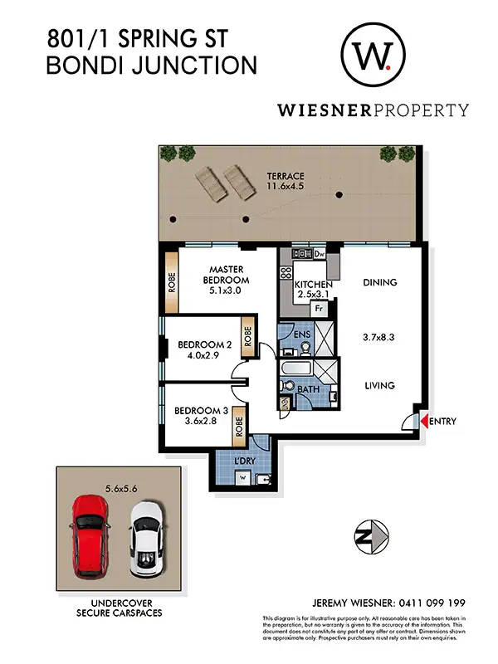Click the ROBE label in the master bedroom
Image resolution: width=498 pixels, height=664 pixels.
pyautogui.click(x=173, y=285)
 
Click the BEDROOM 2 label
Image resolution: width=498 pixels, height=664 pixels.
pyautogui.click(x=203, y=345)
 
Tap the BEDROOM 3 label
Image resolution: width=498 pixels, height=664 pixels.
pyautogui.click(x=199, y=409)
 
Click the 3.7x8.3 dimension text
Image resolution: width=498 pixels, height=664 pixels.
pyautogui.click(x=380, y=338)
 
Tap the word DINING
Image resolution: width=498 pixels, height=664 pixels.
pyautogui.click(x=380, y=282)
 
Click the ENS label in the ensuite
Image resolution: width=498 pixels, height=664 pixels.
pyautogui.click(x=302, y=335)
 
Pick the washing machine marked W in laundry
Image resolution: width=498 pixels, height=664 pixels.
pyautogui.click(x=242, y=478)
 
